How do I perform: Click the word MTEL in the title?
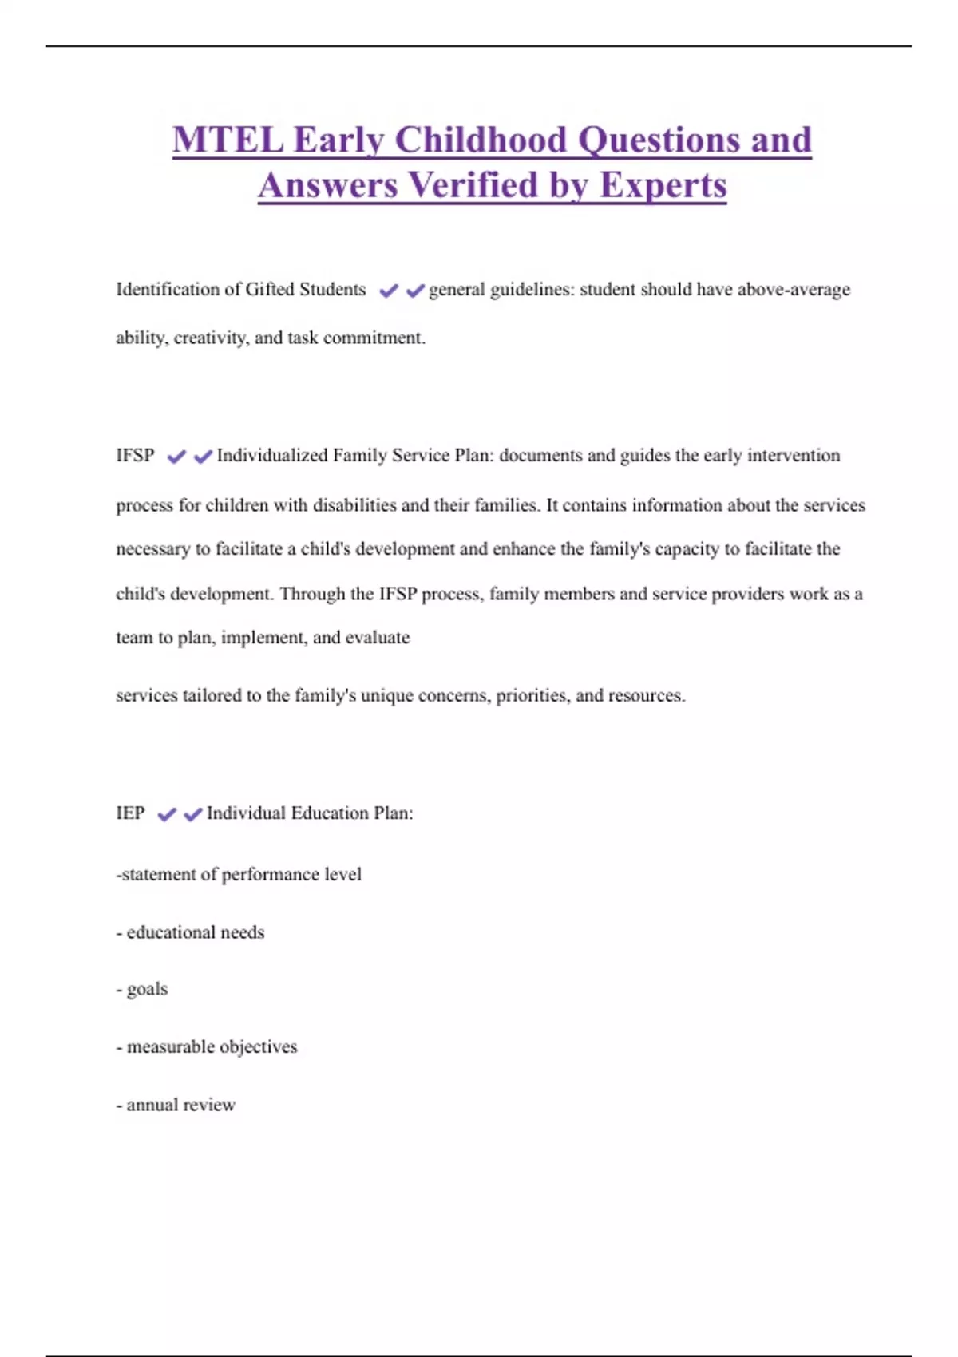coord(228,140)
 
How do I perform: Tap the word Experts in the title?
coord(663,185)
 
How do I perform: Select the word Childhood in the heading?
coord(481,140)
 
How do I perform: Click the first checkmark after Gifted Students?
coord(389,291)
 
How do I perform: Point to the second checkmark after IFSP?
coord(203,457)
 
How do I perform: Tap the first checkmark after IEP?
coord(167,814)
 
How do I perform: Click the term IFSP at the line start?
coord(135,456)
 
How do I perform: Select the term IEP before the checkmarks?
coord(130,813)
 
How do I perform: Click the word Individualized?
coord(271,456)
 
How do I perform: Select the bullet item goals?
coord(147,990)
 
